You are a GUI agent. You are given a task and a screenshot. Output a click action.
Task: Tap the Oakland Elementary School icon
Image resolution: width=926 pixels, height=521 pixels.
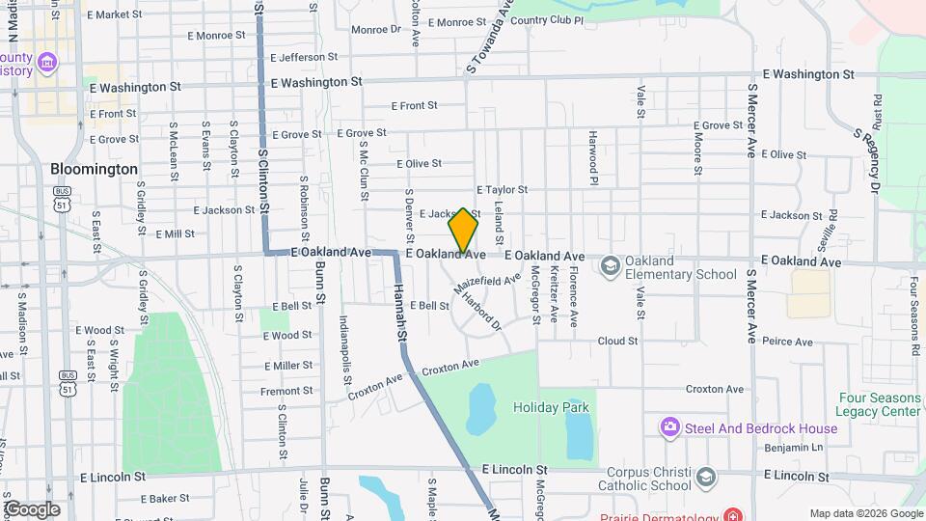tap(610, 264)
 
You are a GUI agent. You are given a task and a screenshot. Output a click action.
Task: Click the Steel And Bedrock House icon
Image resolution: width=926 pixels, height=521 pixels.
tap(669, 426)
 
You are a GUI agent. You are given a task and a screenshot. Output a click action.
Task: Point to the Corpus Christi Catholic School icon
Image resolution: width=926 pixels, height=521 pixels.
tap(706, 477)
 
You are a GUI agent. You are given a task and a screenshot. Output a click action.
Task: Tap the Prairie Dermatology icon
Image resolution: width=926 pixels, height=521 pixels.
tap(735, 515)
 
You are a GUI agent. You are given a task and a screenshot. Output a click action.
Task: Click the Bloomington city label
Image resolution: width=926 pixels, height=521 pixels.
tap(94, 169)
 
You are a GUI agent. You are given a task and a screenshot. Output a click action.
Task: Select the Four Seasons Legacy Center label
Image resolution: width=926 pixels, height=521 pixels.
tap(880, 404)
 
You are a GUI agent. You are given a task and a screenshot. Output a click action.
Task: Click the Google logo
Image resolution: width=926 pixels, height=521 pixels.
tap(31, 509)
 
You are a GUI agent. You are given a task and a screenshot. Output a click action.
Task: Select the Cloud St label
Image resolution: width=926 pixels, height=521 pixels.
tap(617, 341)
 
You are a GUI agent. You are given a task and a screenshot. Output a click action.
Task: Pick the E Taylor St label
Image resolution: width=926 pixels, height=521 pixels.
tap(502, 191)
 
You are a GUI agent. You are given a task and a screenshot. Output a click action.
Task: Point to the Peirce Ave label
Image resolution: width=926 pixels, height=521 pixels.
tap(783, 341)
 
